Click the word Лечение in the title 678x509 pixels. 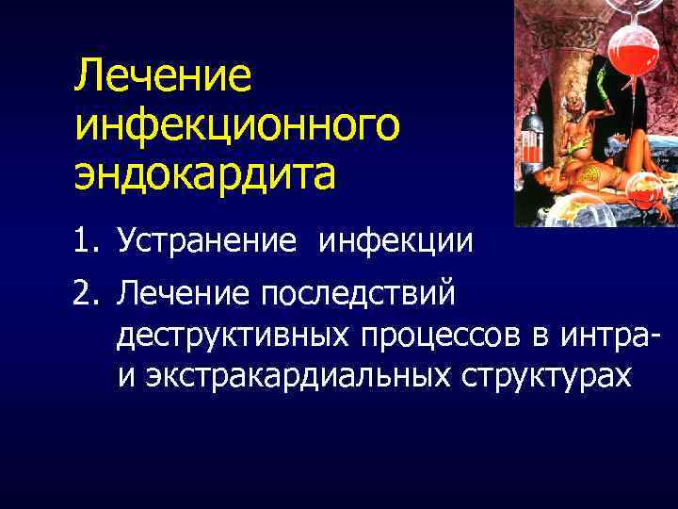click(x=164, y=76)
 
